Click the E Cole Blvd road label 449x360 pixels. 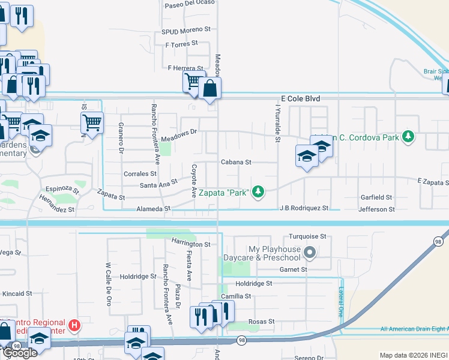(301, 98)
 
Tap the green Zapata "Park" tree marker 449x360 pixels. (258, 191)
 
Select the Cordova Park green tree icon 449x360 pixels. (408, 137)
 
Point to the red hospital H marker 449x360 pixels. (74, 325)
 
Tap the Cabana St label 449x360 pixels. (235, 162)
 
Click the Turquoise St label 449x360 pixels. (307, 236)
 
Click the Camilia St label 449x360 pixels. (235, 296)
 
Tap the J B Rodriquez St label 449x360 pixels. (304, 208)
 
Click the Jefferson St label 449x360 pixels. (376, 209)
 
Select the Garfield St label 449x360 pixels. (376, 197)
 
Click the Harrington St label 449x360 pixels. (191, 244)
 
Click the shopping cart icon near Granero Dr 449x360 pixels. (92, 123)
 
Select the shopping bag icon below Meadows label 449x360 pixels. (210, 89)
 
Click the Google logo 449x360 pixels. (19, 353)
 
